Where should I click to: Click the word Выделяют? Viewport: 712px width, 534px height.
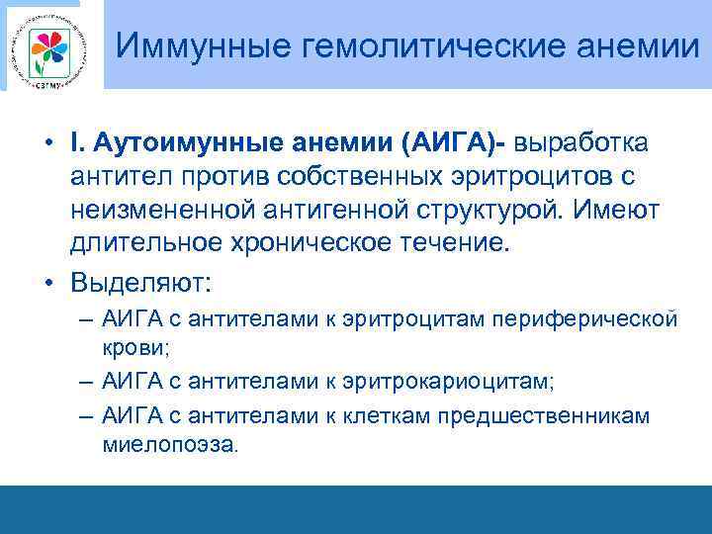click(x=140, y=282)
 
